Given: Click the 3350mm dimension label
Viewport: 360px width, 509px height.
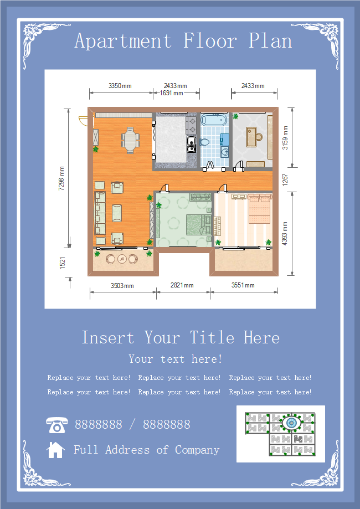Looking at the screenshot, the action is [x=120, y=86].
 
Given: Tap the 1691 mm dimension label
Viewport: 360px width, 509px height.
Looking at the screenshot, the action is [x=171, y=93].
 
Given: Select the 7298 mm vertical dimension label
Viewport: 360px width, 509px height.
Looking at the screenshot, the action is [x=61, y=178].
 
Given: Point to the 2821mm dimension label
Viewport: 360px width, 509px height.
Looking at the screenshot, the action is [x=182, y=285].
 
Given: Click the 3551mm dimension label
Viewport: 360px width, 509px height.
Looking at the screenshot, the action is [x=243, y=285].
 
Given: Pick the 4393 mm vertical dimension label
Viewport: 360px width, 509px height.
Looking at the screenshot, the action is [x=285, y=233].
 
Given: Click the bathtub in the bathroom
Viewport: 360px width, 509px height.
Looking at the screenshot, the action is [x=213, y=120].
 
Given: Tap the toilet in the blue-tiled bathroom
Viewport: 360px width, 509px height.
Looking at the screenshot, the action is [x=204, y=142].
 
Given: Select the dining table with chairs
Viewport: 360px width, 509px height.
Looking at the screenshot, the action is [x=130, y=140].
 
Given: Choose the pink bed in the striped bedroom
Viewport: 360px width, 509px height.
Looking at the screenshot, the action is [x=259, y=209].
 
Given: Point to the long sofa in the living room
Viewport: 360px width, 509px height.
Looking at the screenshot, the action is [x=100, y=213].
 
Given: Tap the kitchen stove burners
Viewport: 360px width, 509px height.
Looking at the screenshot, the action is [x=191, y=125].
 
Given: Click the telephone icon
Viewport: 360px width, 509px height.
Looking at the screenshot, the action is [x=57, y=425].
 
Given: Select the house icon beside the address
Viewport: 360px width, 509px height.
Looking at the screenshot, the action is [x=55, y=450].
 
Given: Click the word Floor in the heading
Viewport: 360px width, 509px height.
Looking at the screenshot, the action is [x=210, y=41].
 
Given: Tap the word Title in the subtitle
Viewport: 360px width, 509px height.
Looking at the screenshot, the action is [x=212, y=338].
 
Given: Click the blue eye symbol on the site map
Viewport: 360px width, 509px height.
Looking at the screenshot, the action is [x=291, y=423].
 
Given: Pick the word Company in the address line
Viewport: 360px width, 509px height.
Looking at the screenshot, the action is [x=197, y=450].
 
